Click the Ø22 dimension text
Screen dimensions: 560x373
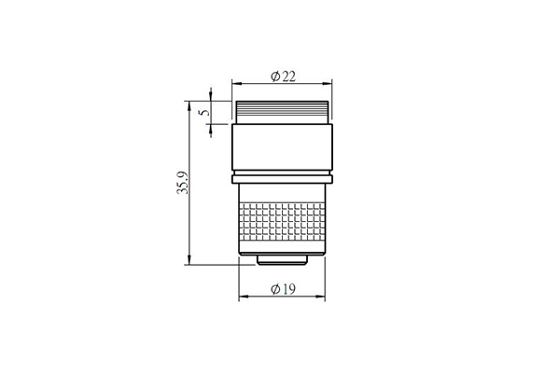pos(283,76)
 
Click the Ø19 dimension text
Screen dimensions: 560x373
pos(283,289)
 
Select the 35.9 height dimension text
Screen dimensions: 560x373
pos(183,183)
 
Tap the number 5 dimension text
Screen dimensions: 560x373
pos(204,112)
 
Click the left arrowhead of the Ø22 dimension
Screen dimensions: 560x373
pos(237,84)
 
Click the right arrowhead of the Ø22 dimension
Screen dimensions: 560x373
pos(328,84)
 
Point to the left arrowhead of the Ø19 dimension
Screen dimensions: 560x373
pos(244,297)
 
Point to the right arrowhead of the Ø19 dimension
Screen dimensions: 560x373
pos(320,297)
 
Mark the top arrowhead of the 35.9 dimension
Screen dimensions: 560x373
pos(189,106)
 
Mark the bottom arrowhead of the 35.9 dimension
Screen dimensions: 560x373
pos(189,259)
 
